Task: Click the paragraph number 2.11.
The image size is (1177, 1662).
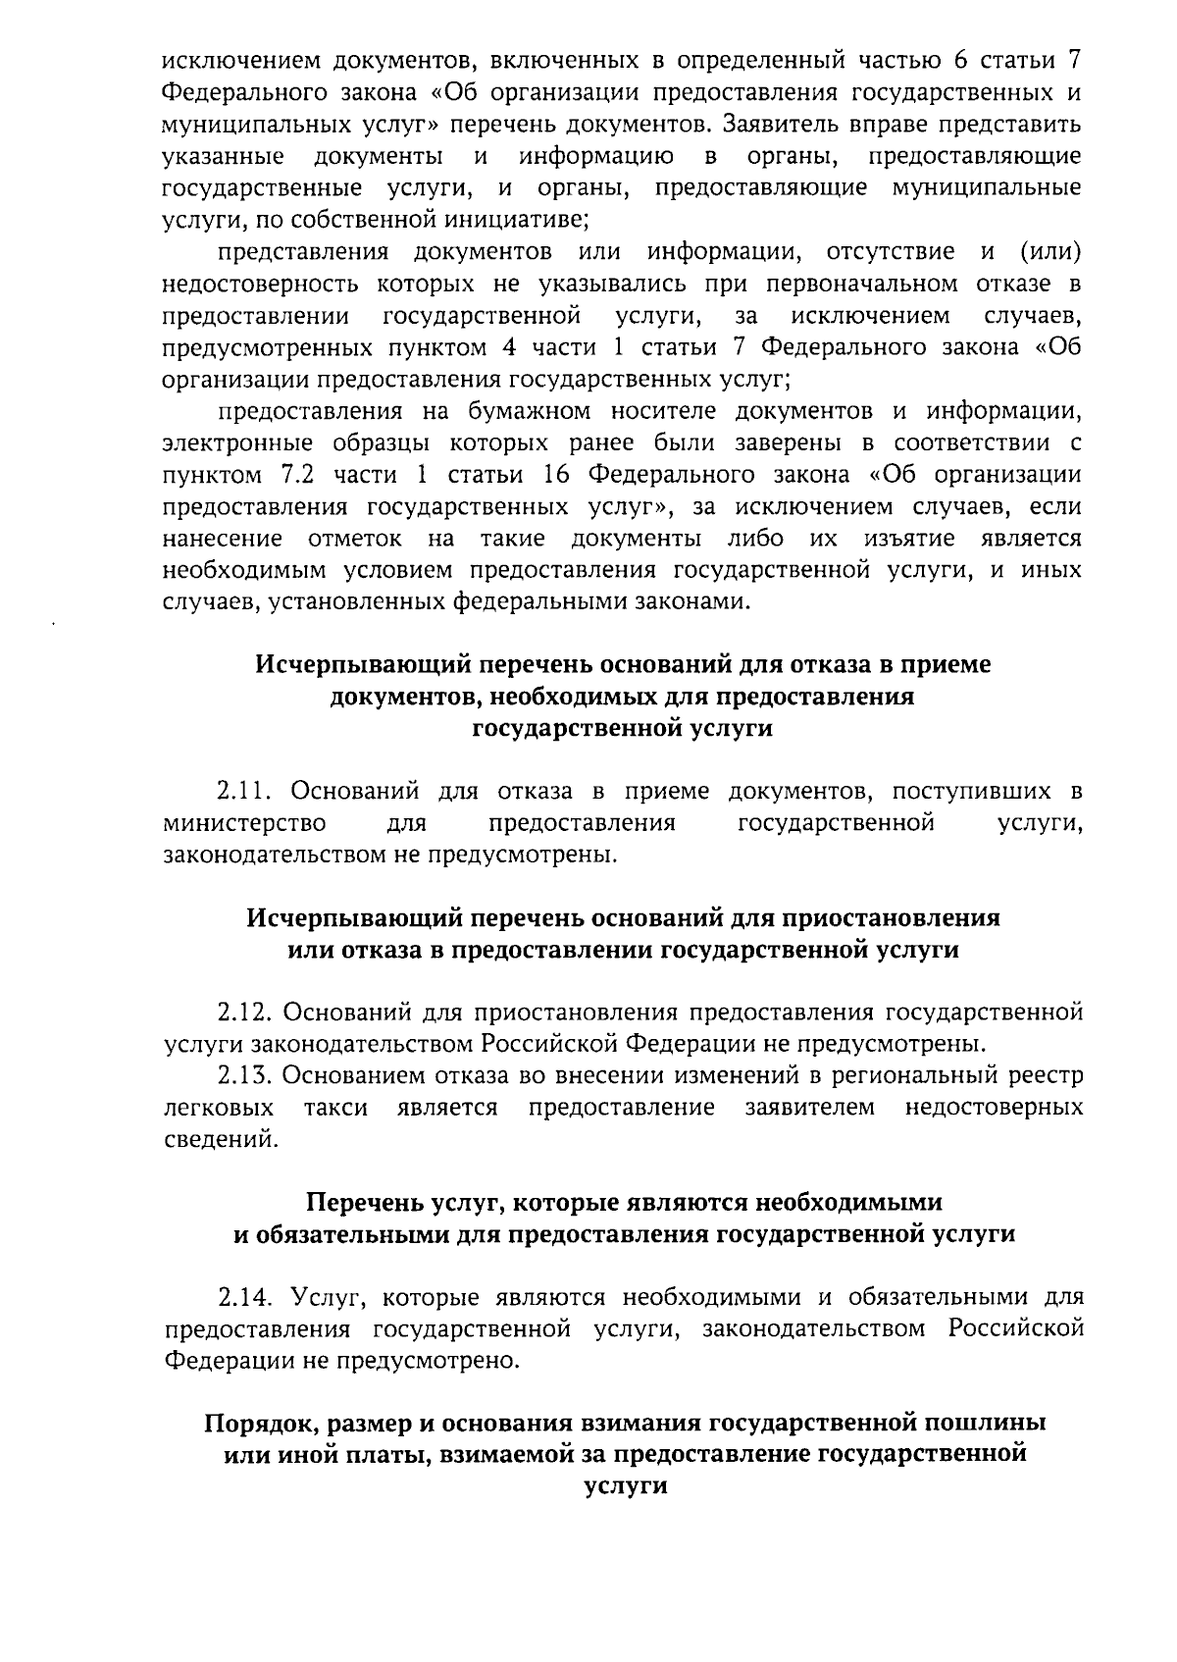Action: (x=244, y=791)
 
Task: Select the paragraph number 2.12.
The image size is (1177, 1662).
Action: (x=244, y=1012)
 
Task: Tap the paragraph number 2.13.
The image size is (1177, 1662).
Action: (x=244, y=1075)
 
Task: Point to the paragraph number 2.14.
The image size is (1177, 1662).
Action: (x=244, y=1297)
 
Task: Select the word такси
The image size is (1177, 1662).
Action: (x=335, y=1108)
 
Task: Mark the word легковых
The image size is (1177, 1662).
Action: (x=219, y=1108)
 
